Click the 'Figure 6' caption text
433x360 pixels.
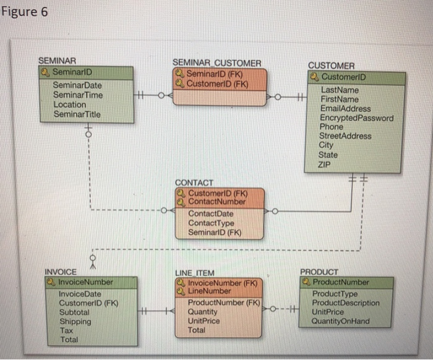click(x=24, y=12)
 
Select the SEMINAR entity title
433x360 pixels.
click(x=57, y=61)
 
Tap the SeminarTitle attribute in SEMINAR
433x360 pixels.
click(x=77, y=114)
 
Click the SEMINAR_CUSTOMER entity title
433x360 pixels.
click(x=216, y=63)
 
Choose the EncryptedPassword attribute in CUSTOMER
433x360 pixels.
click(x=356, y=118)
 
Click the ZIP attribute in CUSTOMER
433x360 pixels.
click(x=325, y=165)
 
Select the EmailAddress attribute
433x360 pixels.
click(x=346, y=108)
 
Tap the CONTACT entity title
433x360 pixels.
click(x=194, y=183)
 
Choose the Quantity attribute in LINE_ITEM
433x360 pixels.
click(x=202, y=312)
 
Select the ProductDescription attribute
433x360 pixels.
click(x=346, y=303)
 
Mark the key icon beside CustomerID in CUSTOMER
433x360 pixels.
click(x=314, y=77)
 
